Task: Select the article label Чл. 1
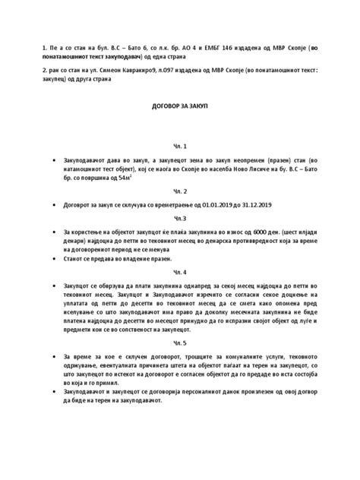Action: pos(180,145)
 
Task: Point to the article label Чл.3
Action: pos(180,218)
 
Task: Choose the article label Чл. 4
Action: pos(180,271)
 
